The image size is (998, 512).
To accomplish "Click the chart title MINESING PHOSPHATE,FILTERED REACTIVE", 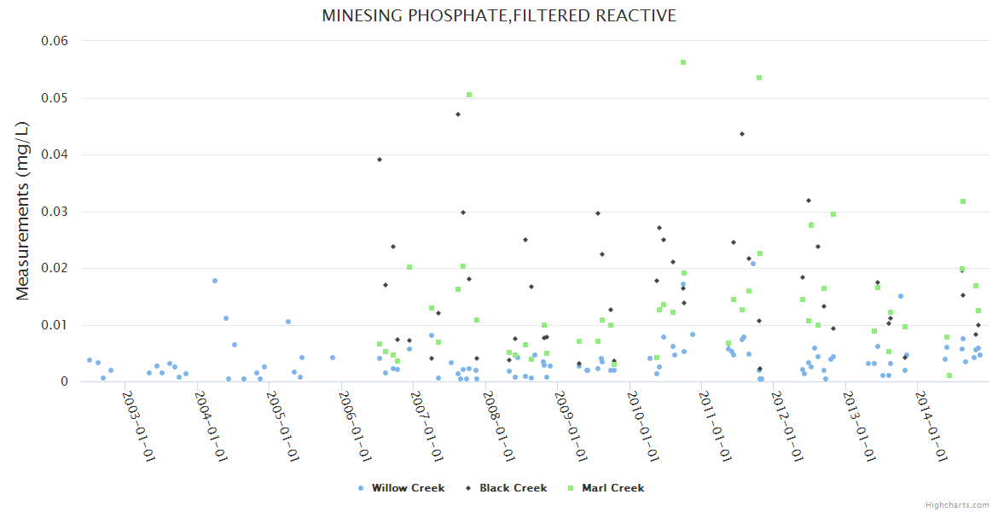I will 499,16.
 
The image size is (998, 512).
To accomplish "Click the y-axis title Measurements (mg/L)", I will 23,211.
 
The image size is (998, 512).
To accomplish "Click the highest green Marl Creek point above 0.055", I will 683,62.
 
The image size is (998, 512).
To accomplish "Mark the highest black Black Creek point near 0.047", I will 458,114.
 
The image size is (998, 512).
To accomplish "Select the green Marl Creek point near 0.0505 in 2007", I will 469,95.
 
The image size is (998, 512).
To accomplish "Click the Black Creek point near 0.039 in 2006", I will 380,160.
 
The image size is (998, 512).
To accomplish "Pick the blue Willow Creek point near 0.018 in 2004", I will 215,281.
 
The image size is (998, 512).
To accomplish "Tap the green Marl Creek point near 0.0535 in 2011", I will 759,78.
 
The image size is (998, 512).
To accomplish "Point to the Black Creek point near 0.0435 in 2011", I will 742,134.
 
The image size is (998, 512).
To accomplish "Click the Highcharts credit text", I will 958,505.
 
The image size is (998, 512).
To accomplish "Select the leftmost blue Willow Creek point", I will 90,360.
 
